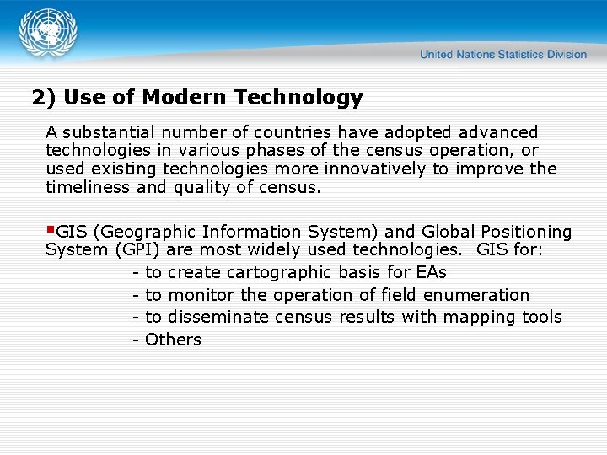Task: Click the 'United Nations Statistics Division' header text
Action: (x=502, y=54)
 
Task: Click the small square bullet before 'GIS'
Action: (x=51, y=229)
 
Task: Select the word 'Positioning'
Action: (x=526, y=232)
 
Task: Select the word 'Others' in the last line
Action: (x=173, y=340)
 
